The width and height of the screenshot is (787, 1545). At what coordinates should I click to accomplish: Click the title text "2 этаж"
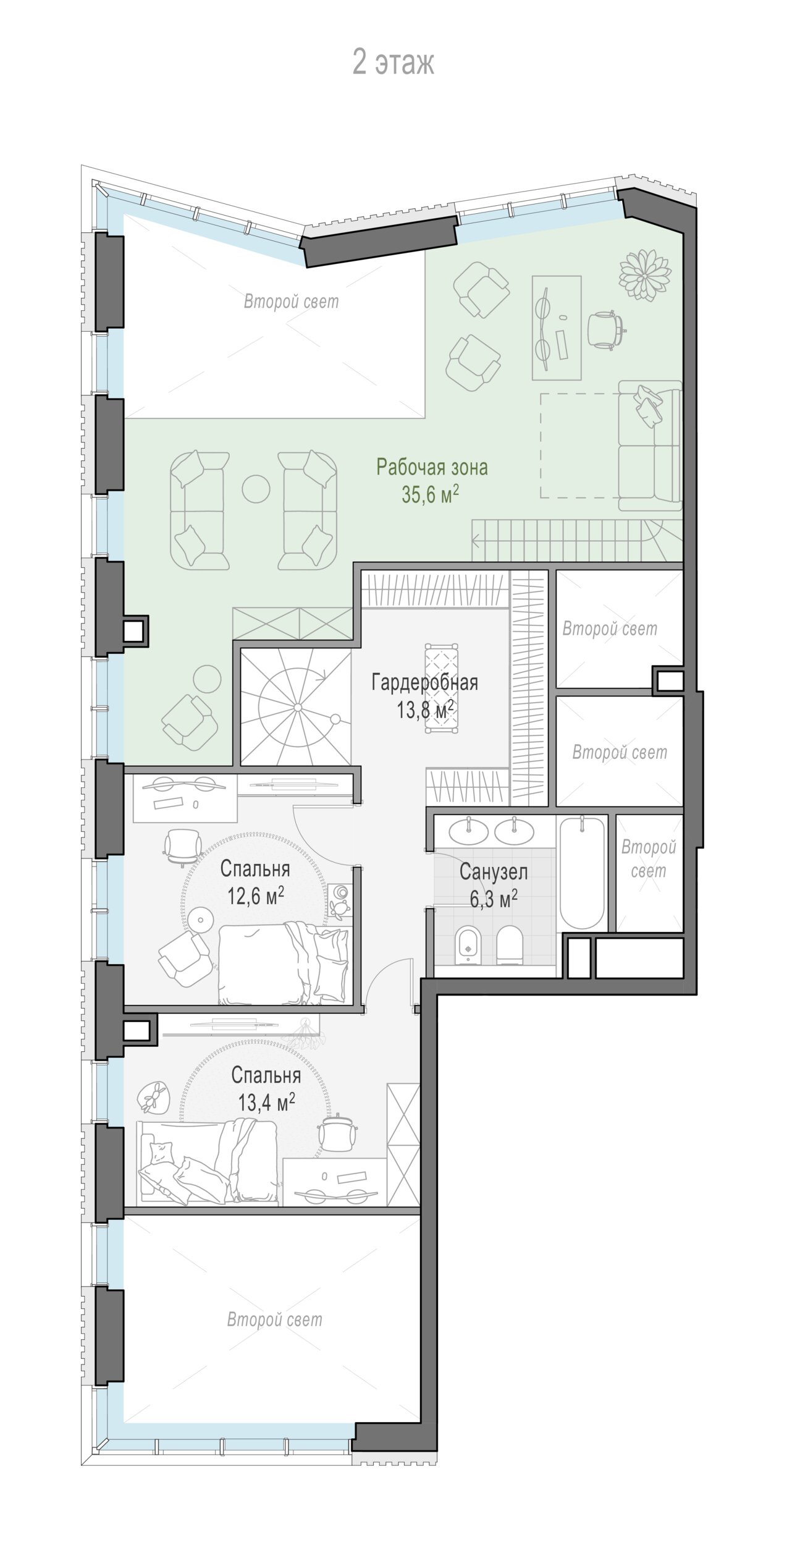[x=393, y=63]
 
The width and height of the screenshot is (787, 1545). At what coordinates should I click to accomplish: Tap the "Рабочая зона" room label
[x=432, y=467]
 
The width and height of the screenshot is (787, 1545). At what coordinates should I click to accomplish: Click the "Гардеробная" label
[x=425, y=683]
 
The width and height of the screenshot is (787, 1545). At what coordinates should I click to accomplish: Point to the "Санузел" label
[x=494, y=872]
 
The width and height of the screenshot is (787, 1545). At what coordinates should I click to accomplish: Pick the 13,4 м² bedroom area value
[x=266, y=1102]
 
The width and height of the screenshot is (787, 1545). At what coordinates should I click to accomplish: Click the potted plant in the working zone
[x=646, y=275]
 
